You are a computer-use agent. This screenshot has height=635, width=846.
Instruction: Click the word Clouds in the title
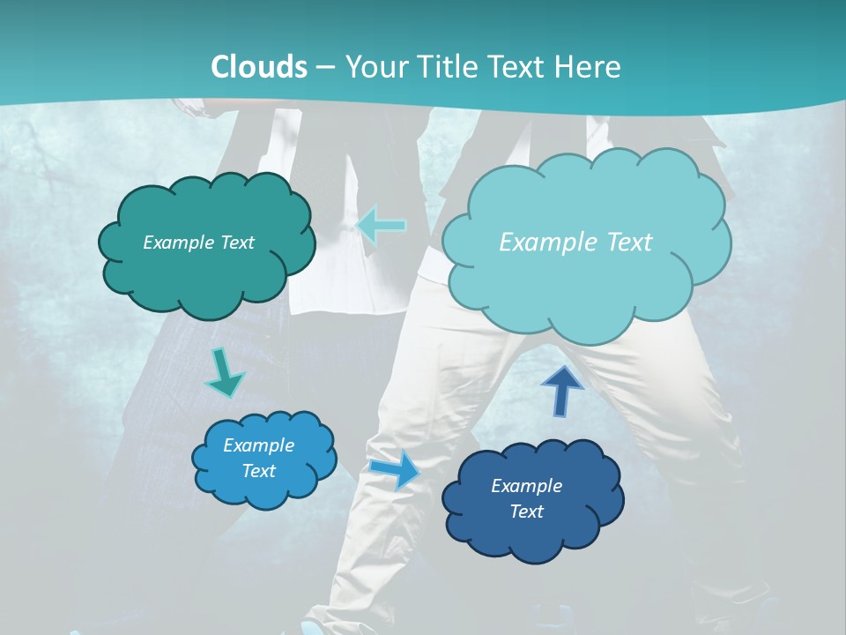(259, 67)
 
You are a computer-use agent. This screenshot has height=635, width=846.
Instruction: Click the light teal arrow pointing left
(382, 225)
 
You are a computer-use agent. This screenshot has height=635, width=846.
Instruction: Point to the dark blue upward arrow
(561, 391)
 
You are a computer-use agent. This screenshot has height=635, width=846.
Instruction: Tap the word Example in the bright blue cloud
(258, 445)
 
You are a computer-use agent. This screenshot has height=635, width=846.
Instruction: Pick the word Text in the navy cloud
(526, 512)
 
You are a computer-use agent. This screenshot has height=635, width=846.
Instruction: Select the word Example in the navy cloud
(526, 486)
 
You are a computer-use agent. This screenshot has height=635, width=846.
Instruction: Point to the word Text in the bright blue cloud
(258, 471)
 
